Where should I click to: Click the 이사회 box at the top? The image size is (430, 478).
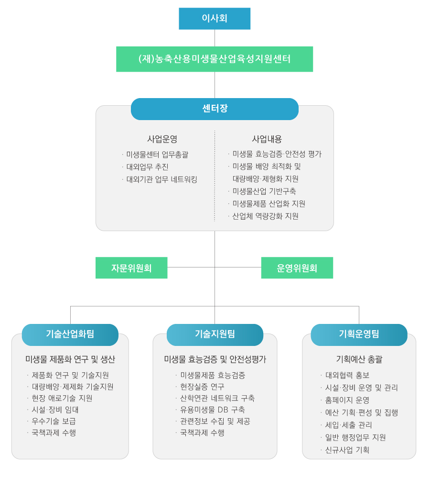[x=215, y=19]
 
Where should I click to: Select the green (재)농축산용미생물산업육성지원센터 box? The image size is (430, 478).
[x=215, y=59]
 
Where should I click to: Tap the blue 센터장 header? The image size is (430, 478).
[x=215, y=109]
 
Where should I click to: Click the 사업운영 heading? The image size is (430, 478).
[x=162, y=139]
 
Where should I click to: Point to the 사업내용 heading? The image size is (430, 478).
[x=267, y=139]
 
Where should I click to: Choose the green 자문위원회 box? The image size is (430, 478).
[x=131, y=267]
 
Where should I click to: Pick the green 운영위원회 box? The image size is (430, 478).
[x=297, y=267]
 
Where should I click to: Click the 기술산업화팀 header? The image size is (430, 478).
[x=70, y=335]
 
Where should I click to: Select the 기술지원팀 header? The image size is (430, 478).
[x=215, y=335]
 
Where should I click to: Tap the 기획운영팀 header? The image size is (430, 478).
[x=359, y=335]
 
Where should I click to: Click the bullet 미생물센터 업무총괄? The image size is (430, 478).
[x=157, y=155]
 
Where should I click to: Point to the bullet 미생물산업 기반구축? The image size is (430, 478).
[x=264, y=191]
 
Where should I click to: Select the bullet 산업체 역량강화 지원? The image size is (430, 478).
[x=265, y=216]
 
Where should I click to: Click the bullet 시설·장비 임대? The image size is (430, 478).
[x=55, y=410]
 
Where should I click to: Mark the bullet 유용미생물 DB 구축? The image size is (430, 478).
[x=213, y=410]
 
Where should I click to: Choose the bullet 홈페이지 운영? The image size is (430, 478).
[x=347, y=400]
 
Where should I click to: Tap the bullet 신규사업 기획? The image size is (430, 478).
[x=347, y=450]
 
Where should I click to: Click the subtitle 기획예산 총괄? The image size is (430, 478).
[x=359, y=359]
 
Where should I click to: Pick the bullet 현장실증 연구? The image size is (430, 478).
[x=202, y=387]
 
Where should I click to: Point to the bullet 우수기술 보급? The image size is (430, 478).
[x=54, y=421]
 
